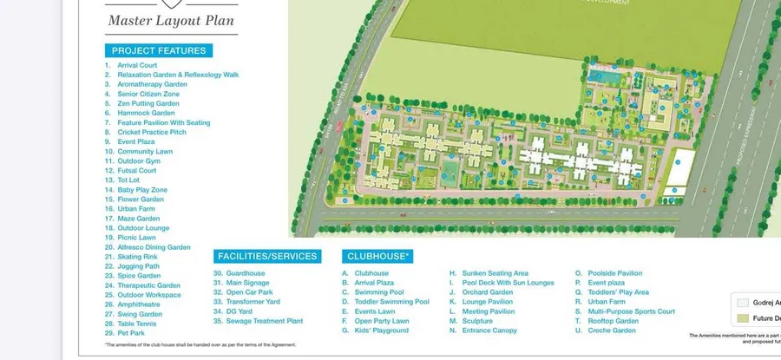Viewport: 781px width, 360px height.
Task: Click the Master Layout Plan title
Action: [x=170, y=20]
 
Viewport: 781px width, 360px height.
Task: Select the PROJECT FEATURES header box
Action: [x=159, y=50]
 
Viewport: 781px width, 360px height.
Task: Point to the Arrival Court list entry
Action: [x=137, y=65]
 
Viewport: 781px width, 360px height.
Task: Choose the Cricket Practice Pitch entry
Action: [x=152, y=132]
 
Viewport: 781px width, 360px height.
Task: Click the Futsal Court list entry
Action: [x=137, y=171]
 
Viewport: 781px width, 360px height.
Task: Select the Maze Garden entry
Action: [x=139, y=219]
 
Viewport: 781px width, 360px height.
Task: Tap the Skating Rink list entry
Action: [x=138, y=257]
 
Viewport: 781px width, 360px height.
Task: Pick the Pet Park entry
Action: [x=132, y=333]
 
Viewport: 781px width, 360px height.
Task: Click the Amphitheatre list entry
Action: [x=139, y=304]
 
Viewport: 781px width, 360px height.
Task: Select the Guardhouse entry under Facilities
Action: [x=245, y=273]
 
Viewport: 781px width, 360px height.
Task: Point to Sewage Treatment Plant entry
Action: [x=264, y=321]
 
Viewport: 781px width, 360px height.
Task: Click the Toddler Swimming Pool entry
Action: [x=391, y=302]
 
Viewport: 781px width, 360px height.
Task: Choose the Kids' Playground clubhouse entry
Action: [x=381, y=331]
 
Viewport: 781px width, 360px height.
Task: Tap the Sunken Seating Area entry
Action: [x=495, y=273]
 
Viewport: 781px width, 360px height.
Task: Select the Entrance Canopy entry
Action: [x=489, y=331]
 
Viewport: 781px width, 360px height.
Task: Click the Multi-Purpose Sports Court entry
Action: [x=631, y=311]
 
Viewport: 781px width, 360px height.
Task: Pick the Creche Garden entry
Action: [x=612, y=331]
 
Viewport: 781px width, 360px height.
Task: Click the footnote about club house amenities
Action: [x=200, y=344]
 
